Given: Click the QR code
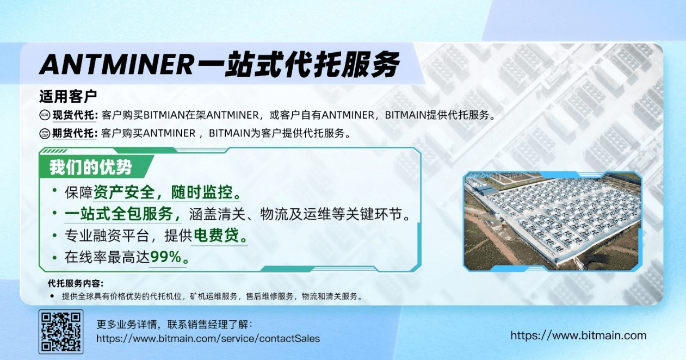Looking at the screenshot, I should tap(61, 331).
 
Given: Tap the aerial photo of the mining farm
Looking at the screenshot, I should tap(552, 221).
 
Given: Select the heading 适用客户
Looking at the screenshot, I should tap(68, 97).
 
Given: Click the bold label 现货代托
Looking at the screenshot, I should tap(74, 115).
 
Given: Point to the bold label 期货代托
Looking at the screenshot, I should tap(74, 133).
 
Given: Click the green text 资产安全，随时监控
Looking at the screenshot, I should tap(167, 193).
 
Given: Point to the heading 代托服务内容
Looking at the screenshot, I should tap(75, 283).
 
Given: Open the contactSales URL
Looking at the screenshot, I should tap(208, 338).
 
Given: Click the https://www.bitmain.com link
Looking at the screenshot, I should tap(578, 336).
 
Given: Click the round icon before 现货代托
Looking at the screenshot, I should tap(45, 115).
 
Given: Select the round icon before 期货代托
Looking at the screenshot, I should tap(45, 133).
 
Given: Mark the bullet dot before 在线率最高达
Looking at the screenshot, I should tap(54, 257).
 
